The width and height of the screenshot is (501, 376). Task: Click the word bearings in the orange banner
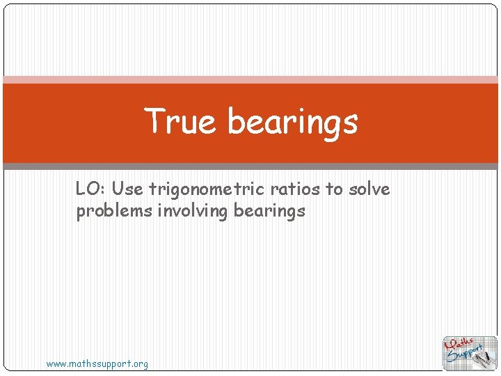click(292, 123)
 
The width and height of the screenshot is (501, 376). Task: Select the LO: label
click(90, 189)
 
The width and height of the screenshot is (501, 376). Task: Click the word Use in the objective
click(127, 189)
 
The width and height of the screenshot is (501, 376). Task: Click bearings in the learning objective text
click(270, 212)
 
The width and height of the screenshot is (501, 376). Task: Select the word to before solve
click(333, 189)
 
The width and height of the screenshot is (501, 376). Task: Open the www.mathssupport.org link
click(97, 363)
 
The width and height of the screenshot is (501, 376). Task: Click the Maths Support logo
click(470, 352)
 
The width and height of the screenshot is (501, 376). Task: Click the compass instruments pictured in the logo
click(487, 357)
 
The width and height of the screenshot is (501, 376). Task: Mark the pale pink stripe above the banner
click(250, 79)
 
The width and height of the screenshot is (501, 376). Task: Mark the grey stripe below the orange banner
click(250, 166)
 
